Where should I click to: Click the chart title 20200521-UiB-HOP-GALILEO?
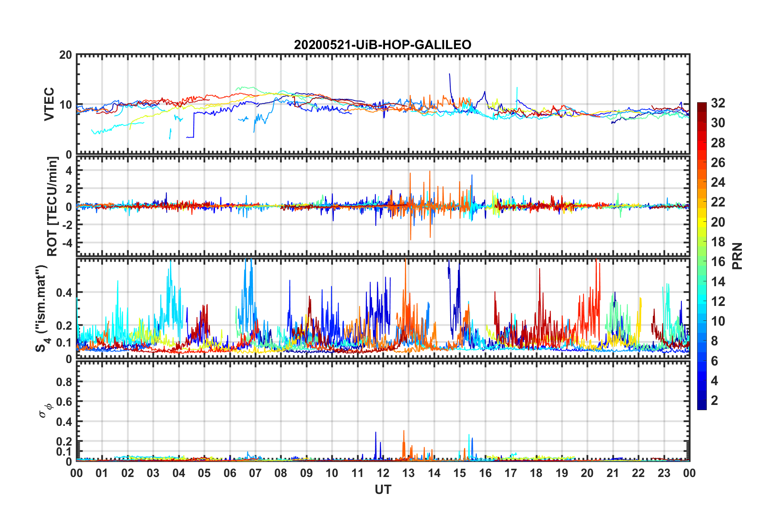pyautogui.click(x=383, y=45)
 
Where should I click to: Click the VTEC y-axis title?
pyautogui.click(x=49, y=104)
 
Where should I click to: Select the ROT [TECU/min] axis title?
pyautogui.click(x=52, y=206)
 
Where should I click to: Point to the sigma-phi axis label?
pyautogui.click(x=45, y=410)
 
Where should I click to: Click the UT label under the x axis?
pyautogui.click(x=383, y=489)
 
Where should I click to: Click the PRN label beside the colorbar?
pyautogui.click(x=737, y=256)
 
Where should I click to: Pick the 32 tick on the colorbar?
pyautogui.click(x=718, y=103)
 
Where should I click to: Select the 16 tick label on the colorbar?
pyautogui.click(x=718, y=262)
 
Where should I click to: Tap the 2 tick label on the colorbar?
pyautogui.click(x=714, y=401)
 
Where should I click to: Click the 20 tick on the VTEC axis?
pyautogui.click(x=66, y=55)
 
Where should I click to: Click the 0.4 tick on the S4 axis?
pyautogui.click(x=64, y=293)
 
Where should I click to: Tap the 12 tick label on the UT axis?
pyautogui.click(x=383, y=473)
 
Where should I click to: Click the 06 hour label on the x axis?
pyautogui.click(x=230, y=473)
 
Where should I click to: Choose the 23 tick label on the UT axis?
pyautogui.click(x=664, y=473)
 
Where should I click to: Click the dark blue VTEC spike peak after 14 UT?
pyautogui.click(x=449, y=74)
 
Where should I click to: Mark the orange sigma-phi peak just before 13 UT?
pyautogui.click(x=404, y=431)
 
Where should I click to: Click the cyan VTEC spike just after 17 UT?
pyautogui.click(x=517, y=87)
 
